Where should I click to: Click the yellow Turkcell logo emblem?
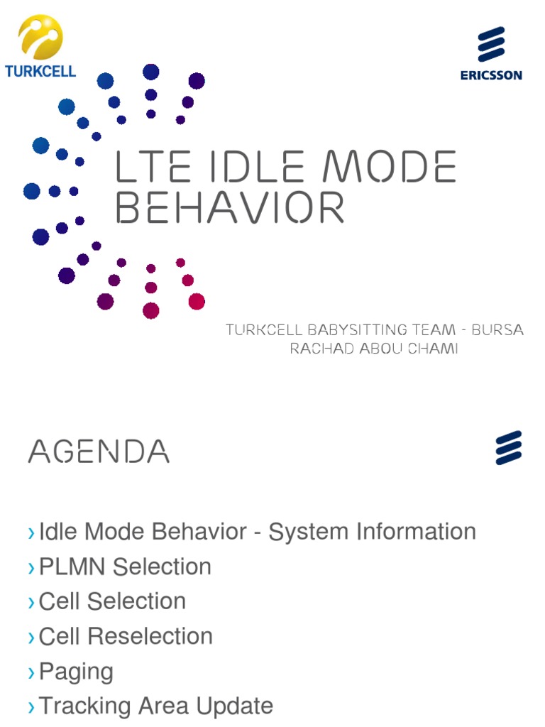point(40,37)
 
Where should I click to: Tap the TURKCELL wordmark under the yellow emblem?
point(40,71)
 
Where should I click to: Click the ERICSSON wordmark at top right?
point(491,75)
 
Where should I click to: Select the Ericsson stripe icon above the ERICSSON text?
point(491,44)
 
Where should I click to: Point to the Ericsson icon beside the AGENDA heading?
point(509,448)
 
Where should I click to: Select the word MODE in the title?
point(390,168)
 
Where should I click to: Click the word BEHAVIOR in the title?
point(230,209)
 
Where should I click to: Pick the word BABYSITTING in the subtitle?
point(363,330)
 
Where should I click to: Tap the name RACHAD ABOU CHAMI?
point(374,349)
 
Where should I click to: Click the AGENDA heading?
point(99,452)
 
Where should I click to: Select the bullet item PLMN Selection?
point(125,567)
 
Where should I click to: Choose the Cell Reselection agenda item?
point(126,636)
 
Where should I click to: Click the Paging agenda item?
point(76,671)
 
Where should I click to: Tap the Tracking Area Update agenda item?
point(156,706)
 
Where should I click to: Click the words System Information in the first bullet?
point(373,531)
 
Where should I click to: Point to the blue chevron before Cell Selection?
point(31,603)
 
